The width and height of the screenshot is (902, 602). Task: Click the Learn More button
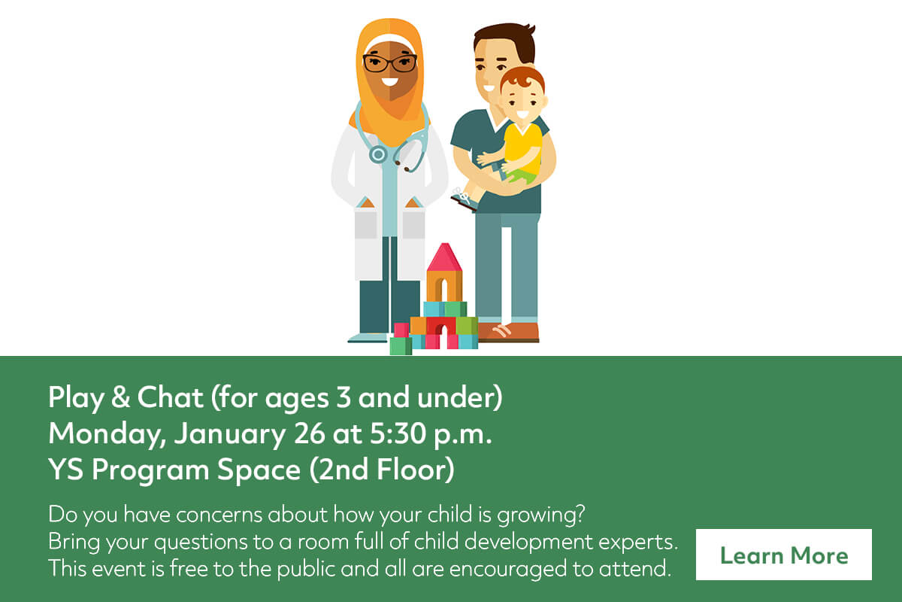coord(783,555)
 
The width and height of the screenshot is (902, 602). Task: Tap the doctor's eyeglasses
coord(390,63)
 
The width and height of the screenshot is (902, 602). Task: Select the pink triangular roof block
coord(444,257)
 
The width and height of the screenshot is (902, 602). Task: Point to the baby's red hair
coord(522,80)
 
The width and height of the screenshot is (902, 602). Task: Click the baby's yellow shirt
coord(522,148)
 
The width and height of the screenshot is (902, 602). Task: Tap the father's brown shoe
coord(509,333)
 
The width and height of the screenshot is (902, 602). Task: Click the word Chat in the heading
coord(170,397)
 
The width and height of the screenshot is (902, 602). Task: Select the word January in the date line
coord(229,435)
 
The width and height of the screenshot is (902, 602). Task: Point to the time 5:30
coord(398,434)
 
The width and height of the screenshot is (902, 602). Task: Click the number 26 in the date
coord(309,434)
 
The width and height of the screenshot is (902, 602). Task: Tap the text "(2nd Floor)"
coord(382,470)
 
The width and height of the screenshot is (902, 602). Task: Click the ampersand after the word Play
coord(120,397)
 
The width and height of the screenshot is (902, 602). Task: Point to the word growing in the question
coord(540,515)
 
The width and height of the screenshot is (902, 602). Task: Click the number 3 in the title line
coord(343,397)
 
